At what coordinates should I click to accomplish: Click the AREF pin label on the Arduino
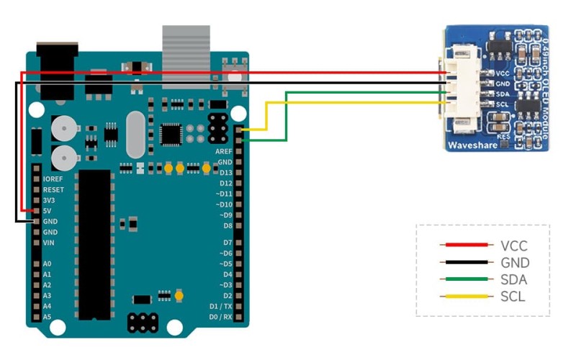224,152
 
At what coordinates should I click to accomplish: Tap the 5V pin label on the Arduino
48,211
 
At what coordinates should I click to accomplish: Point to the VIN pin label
50,243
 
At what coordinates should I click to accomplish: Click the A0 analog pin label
48,264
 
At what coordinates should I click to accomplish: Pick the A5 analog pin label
48,317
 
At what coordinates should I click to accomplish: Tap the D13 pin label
225,173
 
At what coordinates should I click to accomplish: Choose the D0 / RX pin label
220,317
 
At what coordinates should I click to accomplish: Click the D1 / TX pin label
220,307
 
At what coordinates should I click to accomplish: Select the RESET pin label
54,190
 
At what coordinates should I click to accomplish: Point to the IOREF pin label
54,179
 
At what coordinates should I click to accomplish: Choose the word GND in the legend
515,264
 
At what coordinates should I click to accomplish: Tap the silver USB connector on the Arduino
186,50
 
